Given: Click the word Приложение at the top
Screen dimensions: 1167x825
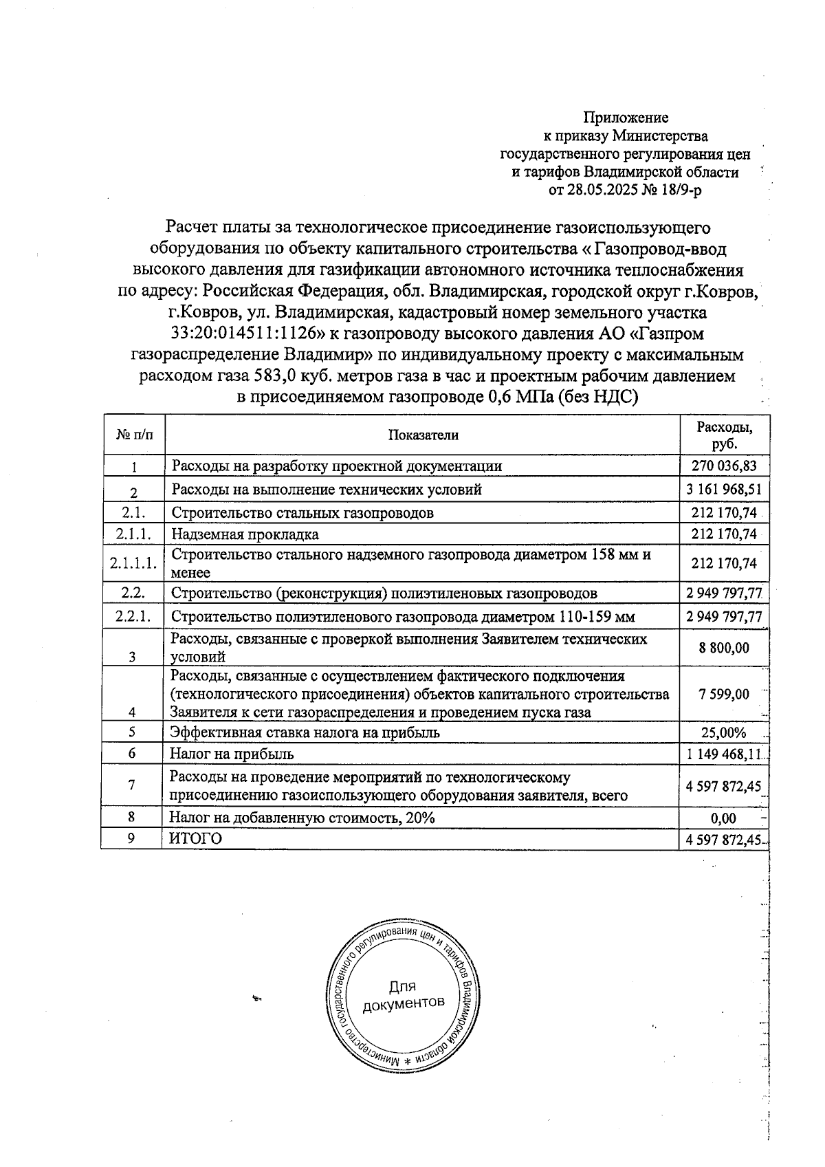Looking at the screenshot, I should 626,118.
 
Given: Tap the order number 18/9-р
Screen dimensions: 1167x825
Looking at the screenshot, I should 678,190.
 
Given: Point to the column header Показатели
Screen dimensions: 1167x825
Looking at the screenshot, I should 423,435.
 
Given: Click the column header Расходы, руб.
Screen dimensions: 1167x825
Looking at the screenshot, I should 724,435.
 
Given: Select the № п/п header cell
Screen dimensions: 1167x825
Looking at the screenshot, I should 135,435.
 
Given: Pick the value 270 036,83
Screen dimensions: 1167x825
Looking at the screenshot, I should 724,466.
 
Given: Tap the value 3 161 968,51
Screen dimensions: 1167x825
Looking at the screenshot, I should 724,490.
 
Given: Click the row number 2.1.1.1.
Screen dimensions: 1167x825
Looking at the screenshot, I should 134,563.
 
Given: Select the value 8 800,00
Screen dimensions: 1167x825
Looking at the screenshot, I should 724,647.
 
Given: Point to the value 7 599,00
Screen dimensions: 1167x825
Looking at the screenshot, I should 724,694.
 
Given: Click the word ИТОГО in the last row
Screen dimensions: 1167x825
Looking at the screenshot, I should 196,838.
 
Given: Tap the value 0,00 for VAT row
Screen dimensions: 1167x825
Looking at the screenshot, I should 723,818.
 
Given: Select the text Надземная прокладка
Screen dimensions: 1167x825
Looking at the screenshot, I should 245,534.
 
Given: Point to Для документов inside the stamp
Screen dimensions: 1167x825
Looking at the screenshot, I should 403,995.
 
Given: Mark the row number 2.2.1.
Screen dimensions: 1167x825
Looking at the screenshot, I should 134,615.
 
